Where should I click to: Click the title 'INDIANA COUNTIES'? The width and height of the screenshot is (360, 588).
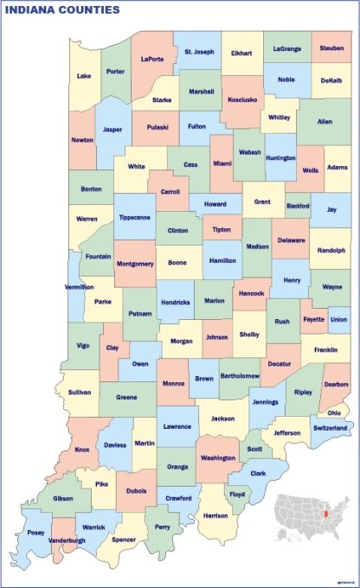pos(62,10)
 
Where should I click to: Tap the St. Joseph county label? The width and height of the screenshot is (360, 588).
pos(199,52)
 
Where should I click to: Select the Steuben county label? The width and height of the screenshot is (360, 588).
pos(331,48)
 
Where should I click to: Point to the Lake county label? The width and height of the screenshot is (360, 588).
pos(84,75)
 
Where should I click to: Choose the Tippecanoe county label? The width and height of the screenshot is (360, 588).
pos(134,217)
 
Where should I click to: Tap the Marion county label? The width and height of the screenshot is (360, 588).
pos(215,301)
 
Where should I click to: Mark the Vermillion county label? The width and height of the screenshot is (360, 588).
pos(80,286)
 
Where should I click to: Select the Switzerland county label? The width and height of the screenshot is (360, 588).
pos(329,428)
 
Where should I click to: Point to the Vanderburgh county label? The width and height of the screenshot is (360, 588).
pos(66,540)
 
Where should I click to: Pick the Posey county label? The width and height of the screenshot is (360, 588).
pos(35,533)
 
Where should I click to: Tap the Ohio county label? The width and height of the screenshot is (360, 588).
pos(334,412)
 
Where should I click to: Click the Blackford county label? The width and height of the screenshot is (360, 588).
pos(298,206)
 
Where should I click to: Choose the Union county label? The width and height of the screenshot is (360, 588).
pos(338,319)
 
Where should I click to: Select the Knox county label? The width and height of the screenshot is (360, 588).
pos(82,450)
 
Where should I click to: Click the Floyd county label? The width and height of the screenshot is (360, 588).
pos(237,495)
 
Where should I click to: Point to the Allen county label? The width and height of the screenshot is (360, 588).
pos(325,122)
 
